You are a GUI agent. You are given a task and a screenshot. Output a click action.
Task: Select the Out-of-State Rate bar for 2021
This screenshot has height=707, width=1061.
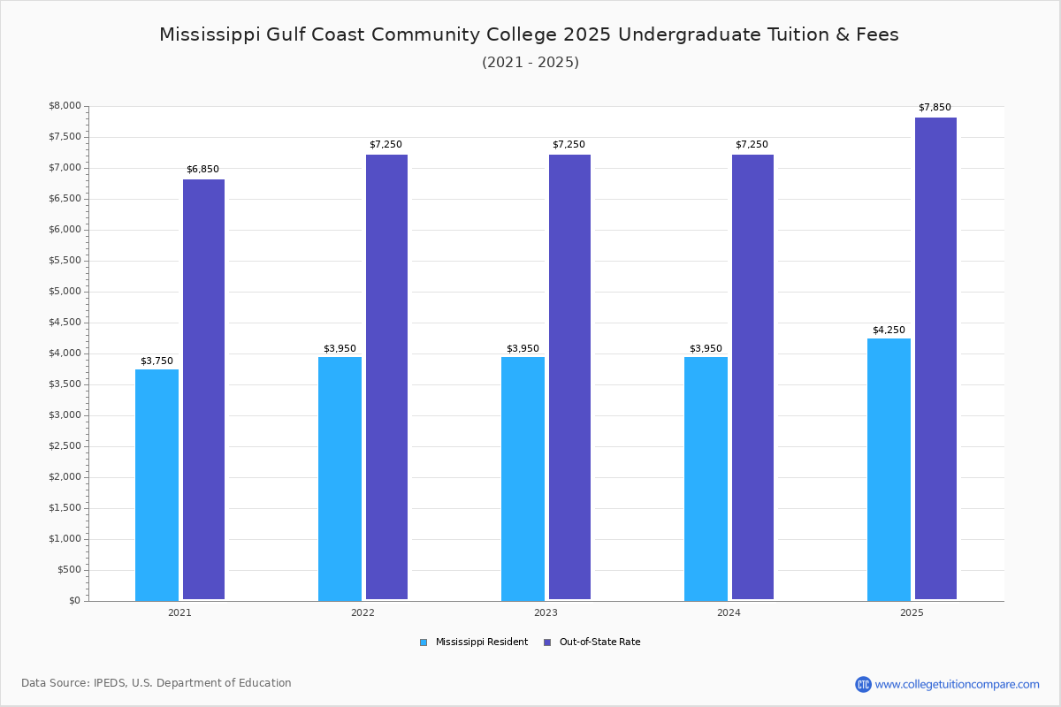pos(203,389)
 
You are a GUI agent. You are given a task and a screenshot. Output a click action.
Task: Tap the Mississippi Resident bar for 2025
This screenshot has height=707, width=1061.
pos(889,469)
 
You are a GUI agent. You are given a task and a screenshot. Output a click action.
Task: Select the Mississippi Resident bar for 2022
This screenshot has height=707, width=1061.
pos(340,478)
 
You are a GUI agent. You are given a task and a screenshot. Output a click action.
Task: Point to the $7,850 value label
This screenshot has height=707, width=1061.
pos(935,108)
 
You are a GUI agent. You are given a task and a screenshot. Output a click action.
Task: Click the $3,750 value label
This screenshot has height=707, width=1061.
pos(156,361)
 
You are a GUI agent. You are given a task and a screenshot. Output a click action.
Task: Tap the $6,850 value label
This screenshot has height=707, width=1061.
pos(202,170)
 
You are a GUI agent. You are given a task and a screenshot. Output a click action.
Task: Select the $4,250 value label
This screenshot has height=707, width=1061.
pos(889,331)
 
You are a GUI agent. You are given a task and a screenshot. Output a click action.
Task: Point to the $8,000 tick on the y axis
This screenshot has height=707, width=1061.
pos(65,106)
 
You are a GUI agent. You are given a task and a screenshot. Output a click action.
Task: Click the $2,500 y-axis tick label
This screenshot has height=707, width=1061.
pos(65,446)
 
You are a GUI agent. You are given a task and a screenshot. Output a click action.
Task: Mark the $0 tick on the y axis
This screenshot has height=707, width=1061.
pos(73,601)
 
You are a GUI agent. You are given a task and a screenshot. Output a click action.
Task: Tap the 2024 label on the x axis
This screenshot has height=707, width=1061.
pos(729,612)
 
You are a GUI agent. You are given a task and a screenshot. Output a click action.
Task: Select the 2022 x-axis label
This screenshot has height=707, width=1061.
pos(363,612)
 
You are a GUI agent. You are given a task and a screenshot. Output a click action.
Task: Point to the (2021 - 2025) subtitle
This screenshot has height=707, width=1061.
pos(530,63)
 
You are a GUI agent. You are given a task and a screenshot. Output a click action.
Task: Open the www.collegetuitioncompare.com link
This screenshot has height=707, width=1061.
pos(957,684)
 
